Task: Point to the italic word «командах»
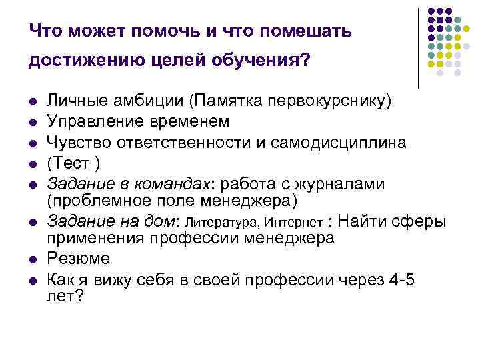coord(172,183)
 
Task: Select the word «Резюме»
coord(78,257)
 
